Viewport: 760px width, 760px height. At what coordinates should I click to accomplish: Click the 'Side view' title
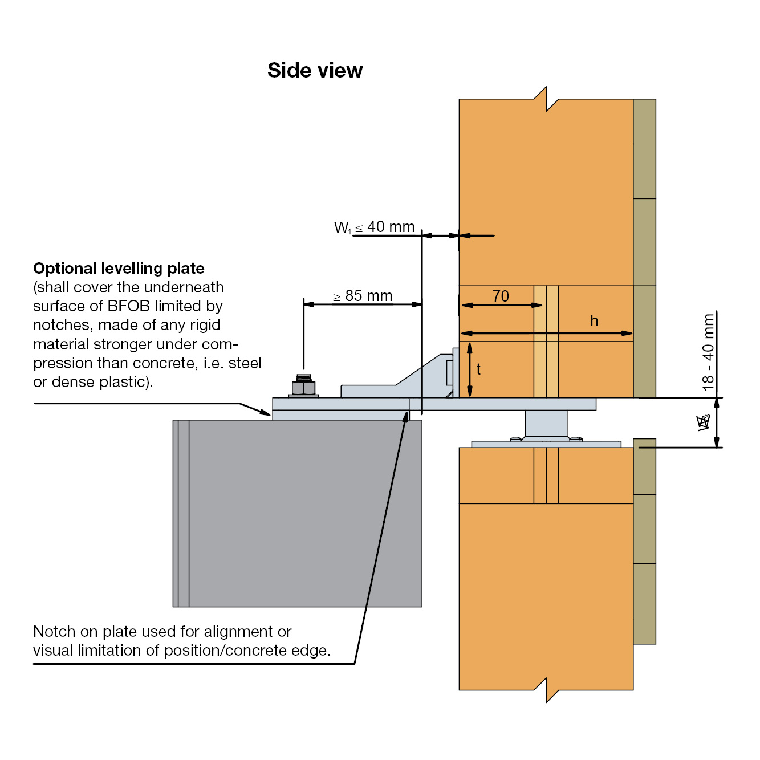[315, 70]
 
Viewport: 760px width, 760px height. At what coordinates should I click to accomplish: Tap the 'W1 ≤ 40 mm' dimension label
[374, 227]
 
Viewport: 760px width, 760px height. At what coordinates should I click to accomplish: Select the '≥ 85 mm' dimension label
[363, 296]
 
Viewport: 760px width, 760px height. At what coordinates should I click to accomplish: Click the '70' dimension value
[501, 296]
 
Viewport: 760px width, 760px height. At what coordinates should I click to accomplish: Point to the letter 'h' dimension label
[594, 321]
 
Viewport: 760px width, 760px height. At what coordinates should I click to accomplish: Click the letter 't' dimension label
[478, 369]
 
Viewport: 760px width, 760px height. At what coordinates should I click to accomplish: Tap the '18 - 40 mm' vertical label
[709, 352]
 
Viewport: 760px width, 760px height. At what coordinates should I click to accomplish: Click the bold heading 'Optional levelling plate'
[119, 268]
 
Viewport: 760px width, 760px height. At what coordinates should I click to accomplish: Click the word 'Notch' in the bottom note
[54, 632]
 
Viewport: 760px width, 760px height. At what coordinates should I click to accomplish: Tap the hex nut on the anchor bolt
[304, 388]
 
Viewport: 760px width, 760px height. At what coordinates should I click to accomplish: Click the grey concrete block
[302, 513]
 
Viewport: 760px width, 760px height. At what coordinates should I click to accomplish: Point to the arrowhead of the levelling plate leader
[266, 412]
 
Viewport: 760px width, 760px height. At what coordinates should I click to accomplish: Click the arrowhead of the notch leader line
[407, 416]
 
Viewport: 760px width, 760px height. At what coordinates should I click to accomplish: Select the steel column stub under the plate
[546, 424]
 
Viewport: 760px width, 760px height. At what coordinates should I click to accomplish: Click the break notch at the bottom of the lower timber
[546, 690]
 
